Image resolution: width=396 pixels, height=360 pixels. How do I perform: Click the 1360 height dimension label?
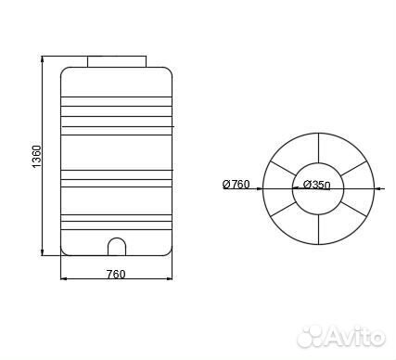coord(36,157)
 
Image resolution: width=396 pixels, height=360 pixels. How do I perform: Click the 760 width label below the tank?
coord(116,274)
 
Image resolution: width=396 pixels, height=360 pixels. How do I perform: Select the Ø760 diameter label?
coord(236,185)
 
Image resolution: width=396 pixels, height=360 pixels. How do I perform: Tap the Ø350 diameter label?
coord(317,185)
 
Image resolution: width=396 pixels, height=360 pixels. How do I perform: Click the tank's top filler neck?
coord(117,61)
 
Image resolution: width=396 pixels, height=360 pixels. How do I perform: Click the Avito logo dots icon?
coord(310,336)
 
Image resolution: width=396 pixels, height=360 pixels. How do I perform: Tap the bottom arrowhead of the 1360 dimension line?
coord(42,251)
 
